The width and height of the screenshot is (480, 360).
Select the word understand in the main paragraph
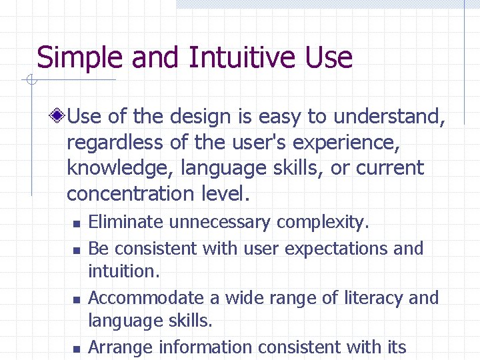[x=388, y=117]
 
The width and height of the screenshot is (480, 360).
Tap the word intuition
[x=121, y=271]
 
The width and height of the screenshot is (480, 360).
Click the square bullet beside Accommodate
[x=77, y=299]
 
